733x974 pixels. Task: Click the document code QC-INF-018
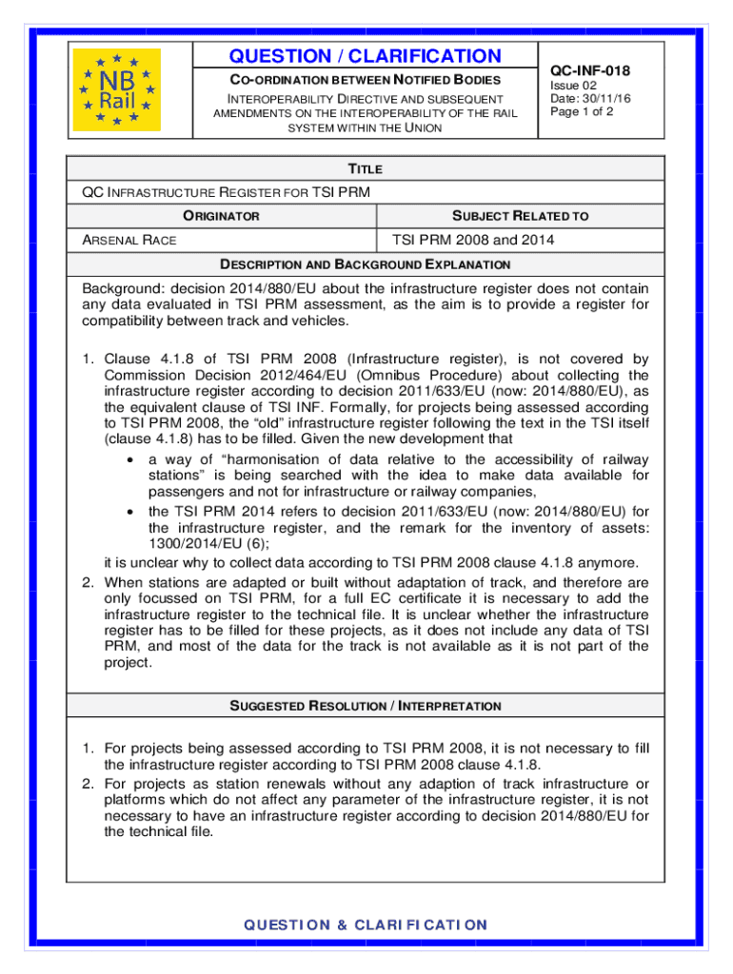click(x=590, y=70)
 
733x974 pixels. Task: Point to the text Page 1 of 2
click(x=582, y=111)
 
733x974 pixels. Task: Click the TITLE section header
click(x=366, y=168)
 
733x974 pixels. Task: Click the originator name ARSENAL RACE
click(x=129, y=241)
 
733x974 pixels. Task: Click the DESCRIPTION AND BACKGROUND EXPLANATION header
click(x=366, y=264)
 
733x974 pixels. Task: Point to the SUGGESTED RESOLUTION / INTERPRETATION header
click(x=366, y=706)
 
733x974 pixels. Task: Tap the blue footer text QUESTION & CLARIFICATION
click(x=366, y=925)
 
